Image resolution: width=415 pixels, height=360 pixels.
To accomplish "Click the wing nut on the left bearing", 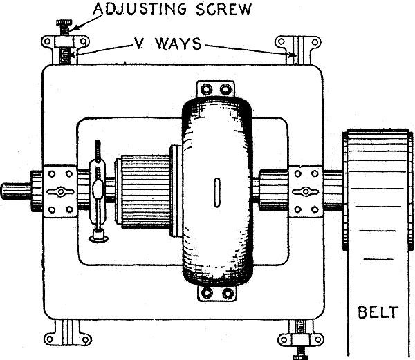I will click(x=61, y=191).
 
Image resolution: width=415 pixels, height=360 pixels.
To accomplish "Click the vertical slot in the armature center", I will click(x=216, y=190).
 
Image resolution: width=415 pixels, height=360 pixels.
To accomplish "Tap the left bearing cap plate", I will click(x=61, y=191).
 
